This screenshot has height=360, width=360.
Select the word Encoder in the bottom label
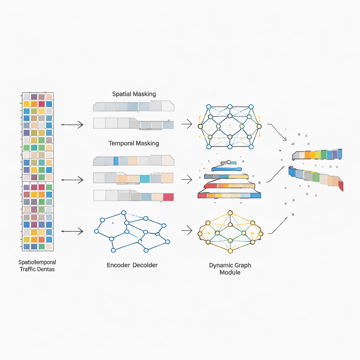pyautogui.click(x=118, y=265)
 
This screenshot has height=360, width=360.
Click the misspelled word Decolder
pyautogui.click(x=145, y=265)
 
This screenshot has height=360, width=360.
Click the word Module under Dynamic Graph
pyautogui.click(x=230, y=272)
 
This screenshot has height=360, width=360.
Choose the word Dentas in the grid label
pyautogui.click(x=46, y=269)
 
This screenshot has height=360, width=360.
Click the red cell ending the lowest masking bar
pyautogui.click(x=168, y=197)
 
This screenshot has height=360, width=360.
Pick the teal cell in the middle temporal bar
pyautogui.click(x=145, y=179)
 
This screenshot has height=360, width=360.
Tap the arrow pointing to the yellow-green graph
pyautogui.click(x=187, y=231)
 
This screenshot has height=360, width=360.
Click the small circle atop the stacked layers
pyautogui.click(x=229, y=162)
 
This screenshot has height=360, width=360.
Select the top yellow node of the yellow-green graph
pyautogui.click(x=230, y=213)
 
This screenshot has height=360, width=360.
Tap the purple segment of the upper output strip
pyautogui.click(x=335, y=154)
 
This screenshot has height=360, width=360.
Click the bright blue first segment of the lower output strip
pyautogui.click(x=292, y=172)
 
